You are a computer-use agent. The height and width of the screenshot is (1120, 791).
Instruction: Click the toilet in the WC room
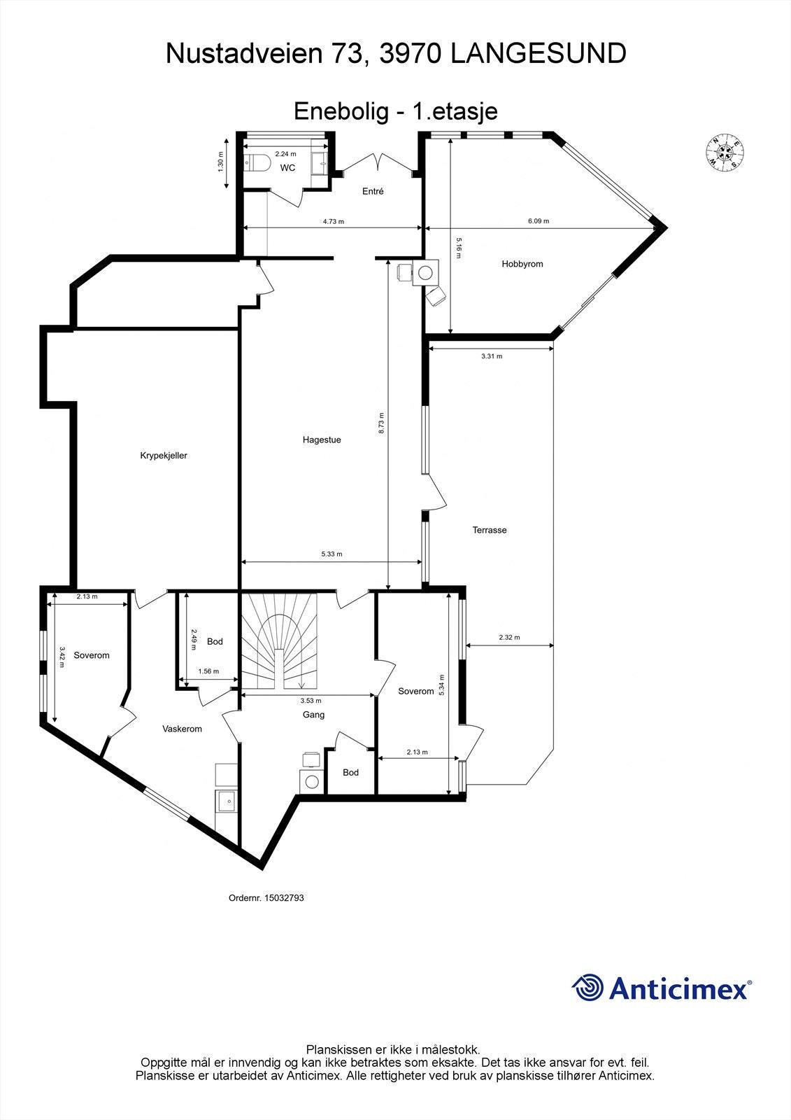coord(259,163)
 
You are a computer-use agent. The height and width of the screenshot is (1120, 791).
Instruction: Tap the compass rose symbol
coord(724,151)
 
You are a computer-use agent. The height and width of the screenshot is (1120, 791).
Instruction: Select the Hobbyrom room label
coord(522,264)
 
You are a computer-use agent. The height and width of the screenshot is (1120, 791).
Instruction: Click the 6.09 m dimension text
coord(538,221)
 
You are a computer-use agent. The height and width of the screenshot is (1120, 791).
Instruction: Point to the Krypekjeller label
coord(164,456)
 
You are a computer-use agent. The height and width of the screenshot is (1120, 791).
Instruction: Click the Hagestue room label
coord(322,440)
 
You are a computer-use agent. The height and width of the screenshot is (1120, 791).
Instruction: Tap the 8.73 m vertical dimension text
coord(381,423)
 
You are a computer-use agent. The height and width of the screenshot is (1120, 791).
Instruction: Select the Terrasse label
coord(489,531)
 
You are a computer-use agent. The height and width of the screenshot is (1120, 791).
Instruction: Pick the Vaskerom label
coord(182,729)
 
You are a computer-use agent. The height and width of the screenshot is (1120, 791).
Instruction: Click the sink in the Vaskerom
coord(227,799)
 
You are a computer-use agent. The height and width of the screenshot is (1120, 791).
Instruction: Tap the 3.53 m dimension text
coord(311,701)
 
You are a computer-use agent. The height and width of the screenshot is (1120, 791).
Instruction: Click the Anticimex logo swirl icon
coord(587,988)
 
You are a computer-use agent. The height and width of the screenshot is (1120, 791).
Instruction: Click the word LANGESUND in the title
coord(538,54)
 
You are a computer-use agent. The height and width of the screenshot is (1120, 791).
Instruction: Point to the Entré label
coord(372,191)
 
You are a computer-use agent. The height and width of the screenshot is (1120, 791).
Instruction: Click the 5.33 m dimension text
coord(332,554)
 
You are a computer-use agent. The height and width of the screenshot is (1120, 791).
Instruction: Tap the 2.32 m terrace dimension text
coord(509,637)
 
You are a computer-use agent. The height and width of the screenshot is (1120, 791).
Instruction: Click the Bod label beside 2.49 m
coord(215,641)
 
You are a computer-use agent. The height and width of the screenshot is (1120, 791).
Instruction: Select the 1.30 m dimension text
coord(220,162)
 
